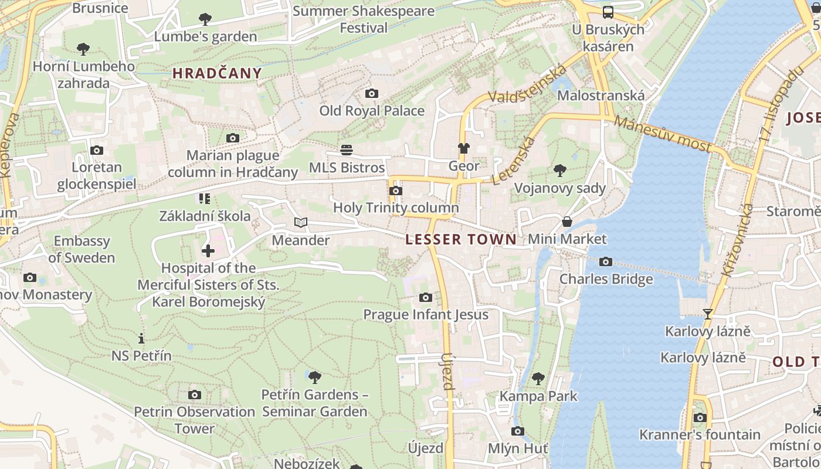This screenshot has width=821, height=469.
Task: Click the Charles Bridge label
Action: click(606, 279)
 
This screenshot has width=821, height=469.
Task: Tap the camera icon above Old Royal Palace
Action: click(371, 93)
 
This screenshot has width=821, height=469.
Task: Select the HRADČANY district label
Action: click(217, 73)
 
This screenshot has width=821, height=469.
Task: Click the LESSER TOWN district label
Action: click(461, 239)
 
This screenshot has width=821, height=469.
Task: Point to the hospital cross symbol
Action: click(208, 251)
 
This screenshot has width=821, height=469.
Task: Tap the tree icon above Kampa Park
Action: click(538, 379)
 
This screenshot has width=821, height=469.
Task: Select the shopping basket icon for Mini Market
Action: click(567, 222)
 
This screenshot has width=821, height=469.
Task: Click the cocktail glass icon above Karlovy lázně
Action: click(707, 314)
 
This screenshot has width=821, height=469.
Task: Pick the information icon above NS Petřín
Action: click(141, 338)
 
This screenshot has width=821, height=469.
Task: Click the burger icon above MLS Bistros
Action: click(347, 150)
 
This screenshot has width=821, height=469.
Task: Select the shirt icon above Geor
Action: click(464, 148)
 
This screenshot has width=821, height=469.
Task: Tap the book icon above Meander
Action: click(300, 223)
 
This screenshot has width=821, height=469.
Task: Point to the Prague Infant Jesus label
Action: click(426, 315)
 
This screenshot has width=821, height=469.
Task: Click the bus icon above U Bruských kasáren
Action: click(608, 12)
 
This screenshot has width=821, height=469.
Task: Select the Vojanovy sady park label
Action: click(559, 188)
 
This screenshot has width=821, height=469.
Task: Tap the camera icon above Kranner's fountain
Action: click(700, 417)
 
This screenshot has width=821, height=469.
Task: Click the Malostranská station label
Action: click(601, 96)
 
